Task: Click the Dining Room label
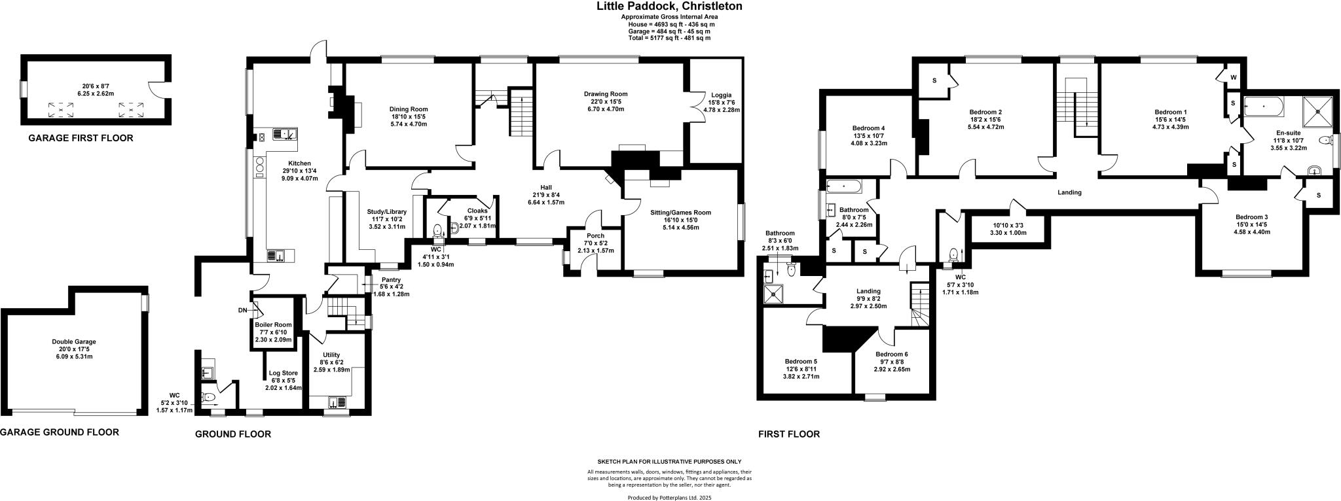tap(408, 109)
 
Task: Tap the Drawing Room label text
tap(605, 94)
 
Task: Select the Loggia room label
tap(721, 95)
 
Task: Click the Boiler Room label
tap(273, 325)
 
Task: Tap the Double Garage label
tap(74, 341)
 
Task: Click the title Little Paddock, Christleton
tap(669, 7)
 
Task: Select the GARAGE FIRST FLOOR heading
tap(81, 138)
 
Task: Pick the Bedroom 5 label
tap(801, 361)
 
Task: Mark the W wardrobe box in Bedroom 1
tap(1233, 77)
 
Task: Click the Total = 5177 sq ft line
tap(669, 39)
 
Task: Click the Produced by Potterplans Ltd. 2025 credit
tap(669, 498)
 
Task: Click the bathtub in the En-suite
tap(1263, 105)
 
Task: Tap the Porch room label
tap(595, 235)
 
